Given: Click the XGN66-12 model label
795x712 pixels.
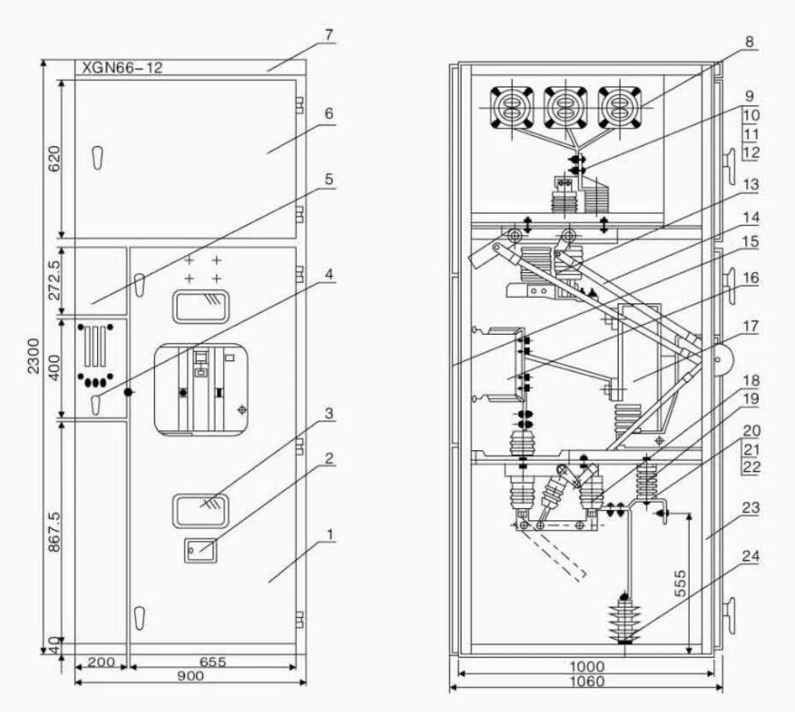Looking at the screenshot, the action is click(x=122, y=67).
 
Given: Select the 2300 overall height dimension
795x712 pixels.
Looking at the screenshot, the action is click(x=34, y=356).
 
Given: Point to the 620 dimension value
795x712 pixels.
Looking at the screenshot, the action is click(x=54, y=158).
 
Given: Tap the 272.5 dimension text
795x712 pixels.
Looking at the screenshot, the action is click(x=54, y=279).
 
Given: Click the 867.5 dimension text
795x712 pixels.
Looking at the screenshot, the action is click(x=54, y=531).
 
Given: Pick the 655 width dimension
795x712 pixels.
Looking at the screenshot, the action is click(x=213, y=661).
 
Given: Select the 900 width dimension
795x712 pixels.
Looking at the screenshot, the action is click(x=190, y=675).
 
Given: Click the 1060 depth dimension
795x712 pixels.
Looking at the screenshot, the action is click(x=587, y=681).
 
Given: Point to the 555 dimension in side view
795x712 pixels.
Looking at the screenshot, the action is click(x=681, y=584).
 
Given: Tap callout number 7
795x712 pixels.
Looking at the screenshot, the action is click(x=329, y=35).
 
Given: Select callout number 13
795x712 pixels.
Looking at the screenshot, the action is click(x=751, y=184).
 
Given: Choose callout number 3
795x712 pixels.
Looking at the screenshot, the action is click(x=329, y=413).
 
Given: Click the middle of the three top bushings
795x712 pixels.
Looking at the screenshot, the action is click(x=566, y=108).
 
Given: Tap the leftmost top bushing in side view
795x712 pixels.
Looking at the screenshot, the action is click(x=512, y=108).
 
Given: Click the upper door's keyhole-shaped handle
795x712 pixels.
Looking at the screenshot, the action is click(x=98, y=158).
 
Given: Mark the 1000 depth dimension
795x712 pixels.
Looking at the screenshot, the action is click(x=587, y=665).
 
